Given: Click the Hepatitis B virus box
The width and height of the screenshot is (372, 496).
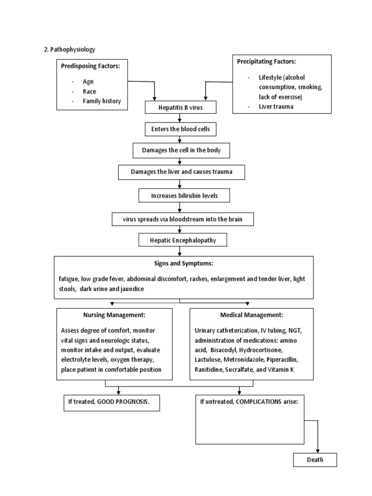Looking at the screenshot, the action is click(x=181, y=107).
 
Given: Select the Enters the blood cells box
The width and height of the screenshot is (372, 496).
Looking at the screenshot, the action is click(x=181, y=129).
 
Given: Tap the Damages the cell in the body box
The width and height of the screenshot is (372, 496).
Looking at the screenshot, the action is click(x=181, y=150).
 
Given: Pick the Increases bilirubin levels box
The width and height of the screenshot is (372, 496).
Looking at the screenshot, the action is click(x=184, y=196).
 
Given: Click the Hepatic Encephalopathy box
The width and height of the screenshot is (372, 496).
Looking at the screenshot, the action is click(x=183, y=240).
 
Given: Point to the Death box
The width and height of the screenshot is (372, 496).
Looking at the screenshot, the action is click(x=315, y=460).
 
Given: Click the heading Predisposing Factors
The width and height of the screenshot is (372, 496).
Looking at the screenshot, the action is click(x=91, y=66).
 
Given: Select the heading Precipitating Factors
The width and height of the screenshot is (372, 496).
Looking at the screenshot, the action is click(x=266, y=62).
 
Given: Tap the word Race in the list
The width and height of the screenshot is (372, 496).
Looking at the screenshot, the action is click(x=90, y=92).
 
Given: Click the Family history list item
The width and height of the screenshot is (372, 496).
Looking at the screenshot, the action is click(x=102, y=101).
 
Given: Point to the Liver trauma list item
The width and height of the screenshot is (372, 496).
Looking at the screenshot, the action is click(x=276, y=107).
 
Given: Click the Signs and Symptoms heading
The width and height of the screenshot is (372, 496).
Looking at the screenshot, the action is click(x=184, y=263).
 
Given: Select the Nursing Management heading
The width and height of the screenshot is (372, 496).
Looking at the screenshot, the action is click(x=114, y=315).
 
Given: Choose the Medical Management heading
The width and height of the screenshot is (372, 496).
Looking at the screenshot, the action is click(x=251, y=315).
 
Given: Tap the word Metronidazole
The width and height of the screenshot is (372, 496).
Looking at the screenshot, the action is click(x=244, y=360).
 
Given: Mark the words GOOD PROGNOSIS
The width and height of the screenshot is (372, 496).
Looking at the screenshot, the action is click(x=123, y=402).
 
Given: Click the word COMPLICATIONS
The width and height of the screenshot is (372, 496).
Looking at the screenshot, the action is click(x=259, y=402).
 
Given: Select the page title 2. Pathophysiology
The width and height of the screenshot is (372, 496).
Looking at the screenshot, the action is click(x=70, y=50).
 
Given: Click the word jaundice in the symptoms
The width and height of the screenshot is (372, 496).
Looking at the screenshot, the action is click(x=132, y=289).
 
